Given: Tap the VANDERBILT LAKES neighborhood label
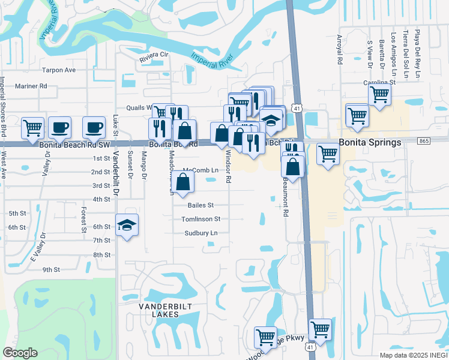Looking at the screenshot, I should point(158,310).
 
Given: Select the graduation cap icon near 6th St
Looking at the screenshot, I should point(127,225).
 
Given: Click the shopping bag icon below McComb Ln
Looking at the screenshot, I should point(184,181).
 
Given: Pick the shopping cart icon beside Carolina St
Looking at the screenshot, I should point(379,94).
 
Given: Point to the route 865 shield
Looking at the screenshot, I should point(424,140).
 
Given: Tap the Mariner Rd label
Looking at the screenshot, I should point(31,86).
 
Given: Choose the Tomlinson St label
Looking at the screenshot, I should point(201,220).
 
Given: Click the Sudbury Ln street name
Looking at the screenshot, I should point(200,233).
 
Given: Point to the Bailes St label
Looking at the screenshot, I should point(201,205).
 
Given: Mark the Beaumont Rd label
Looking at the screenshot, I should point(286,200).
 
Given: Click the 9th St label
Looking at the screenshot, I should point(51,269).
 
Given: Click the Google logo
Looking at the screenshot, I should point(20,352).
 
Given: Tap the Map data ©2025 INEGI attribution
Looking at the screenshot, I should point(413,355).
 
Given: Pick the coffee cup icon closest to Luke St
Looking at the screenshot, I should point(93,127).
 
